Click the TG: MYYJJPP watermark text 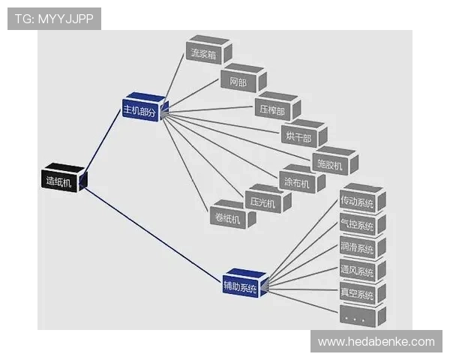[54, 18]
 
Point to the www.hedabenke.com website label [376, 342]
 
